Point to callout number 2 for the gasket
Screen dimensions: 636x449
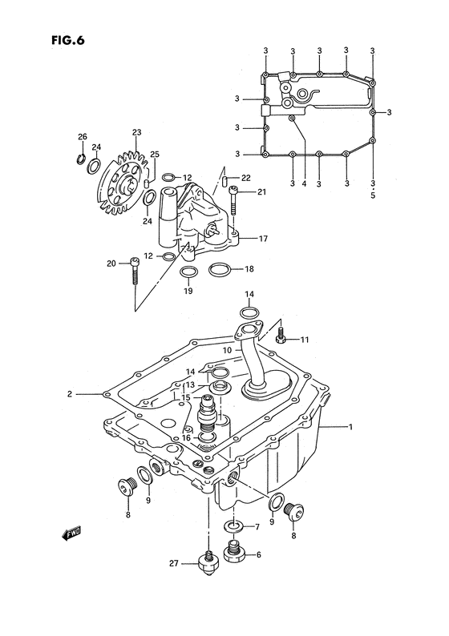tap(71, 394)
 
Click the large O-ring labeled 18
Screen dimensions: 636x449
tap(220, 270)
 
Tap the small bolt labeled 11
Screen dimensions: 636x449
tap(281, 338)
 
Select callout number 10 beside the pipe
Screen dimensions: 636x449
tap(228, 350)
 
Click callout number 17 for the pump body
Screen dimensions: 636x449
tap(263, 239)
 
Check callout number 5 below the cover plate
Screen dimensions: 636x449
tap(373, 194)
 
